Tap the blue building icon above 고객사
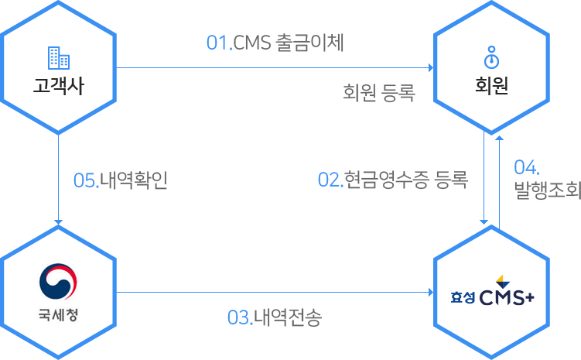59,58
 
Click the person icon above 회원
491,58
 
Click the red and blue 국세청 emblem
59,283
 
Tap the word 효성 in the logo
462,296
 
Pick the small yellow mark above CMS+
500,279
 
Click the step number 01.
220,43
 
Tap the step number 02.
330,180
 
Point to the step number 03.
240,317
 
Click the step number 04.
526,168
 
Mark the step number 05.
85,180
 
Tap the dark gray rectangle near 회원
379,94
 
